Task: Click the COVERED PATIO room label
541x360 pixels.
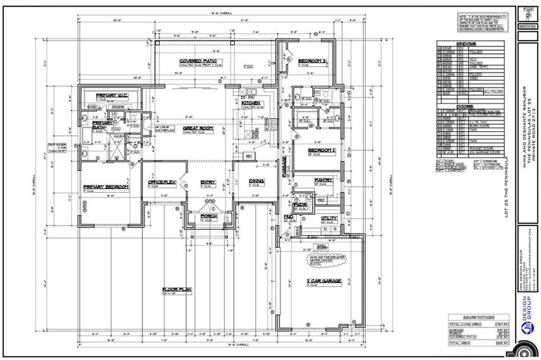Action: coord(197,61)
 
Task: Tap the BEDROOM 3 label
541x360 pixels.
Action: coord(311,61)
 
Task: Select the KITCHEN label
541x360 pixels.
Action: coord(251,103)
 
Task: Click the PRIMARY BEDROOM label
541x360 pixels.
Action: coord(106,187)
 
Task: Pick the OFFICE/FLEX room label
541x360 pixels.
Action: coord(162,182)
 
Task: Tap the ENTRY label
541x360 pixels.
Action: coord(208,182)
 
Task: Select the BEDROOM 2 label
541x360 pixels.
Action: coord(321,150)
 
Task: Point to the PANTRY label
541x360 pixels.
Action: coord(324,180)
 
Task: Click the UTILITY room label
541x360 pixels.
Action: coord(329,218)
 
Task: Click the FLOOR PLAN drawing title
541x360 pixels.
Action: coord(177,290)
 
